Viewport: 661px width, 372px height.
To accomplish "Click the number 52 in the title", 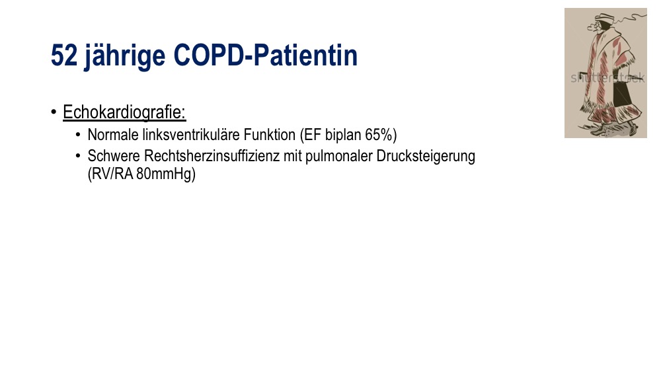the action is [x=64, y=56].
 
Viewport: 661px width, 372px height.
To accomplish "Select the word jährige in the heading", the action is [x=125, y=56].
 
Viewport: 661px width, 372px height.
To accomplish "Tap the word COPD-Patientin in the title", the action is [x=265, y=56].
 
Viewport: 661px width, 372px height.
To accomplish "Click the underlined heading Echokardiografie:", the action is [x=124, y=112].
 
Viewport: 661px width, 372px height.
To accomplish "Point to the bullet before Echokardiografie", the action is [x=54, y=112].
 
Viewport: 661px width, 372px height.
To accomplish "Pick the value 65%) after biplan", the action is [x=381, y=135].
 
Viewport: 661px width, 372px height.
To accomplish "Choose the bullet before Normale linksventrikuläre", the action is [x=78, y=135].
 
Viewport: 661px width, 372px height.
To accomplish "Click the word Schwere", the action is [x=114, y=156].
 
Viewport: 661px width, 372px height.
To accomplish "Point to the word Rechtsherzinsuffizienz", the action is [x=212, y=156].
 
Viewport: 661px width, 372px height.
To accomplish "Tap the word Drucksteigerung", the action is [x=426, y=157].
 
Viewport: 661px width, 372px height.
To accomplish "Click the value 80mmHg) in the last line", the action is [x=166, y=174].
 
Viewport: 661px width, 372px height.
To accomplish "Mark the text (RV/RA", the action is [x=110, y=174].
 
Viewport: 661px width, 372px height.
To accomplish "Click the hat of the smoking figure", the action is [x=603, y=17].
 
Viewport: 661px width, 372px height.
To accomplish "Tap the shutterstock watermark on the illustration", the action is [x=607, y=77].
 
